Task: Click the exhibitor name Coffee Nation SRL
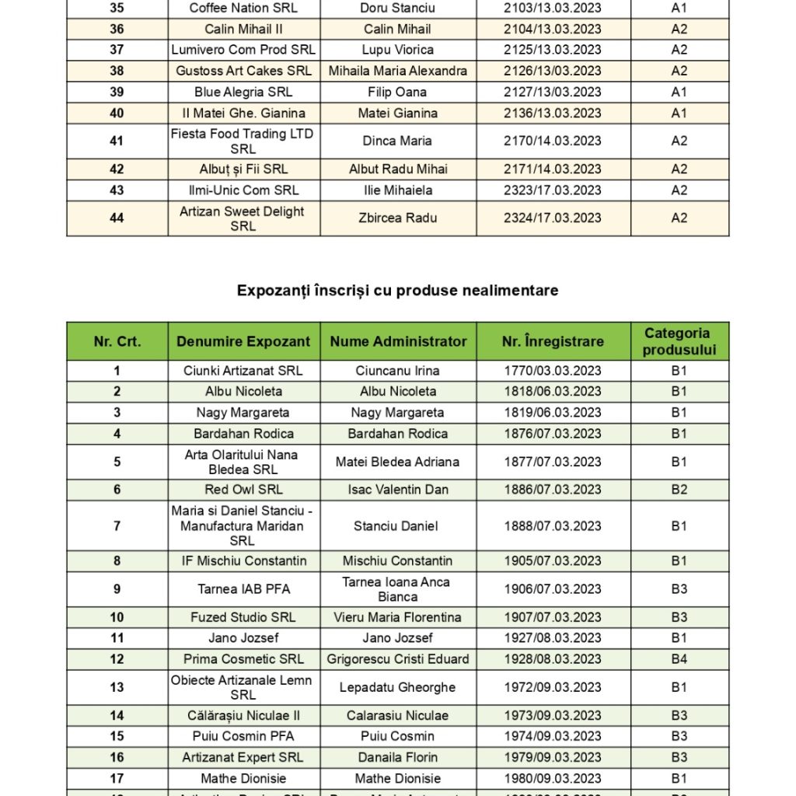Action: point(243,9)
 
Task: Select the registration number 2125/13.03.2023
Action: point(552,50)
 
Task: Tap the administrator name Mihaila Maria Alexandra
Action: point(397,71)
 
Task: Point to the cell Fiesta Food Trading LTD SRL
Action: point(243,141)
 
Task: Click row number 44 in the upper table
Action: point(117,218)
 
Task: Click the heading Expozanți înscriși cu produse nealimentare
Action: point(397,290)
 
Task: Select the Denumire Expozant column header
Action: point(243,341)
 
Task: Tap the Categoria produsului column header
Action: point(679,341)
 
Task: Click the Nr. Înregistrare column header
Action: point(552,341)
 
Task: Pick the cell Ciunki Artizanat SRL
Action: point(243,371)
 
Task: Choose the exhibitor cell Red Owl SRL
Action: point(243,490)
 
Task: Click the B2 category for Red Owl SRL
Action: point(679,490)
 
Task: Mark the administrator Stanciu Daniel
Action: point(397,526)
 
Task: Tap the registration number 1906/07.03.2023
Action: point(552,589)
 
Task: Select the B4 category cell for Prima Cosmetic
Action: point(679,659)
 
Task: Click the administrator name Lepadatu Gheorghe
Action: point(397,687)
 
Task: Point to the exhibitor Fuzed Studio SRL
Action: point(243,617)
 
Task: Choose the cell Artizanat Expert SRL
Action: point(243,757)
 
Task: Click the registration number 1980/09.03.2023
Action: point(552,778)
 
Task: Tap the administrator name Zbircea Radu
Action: point(397,218)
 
